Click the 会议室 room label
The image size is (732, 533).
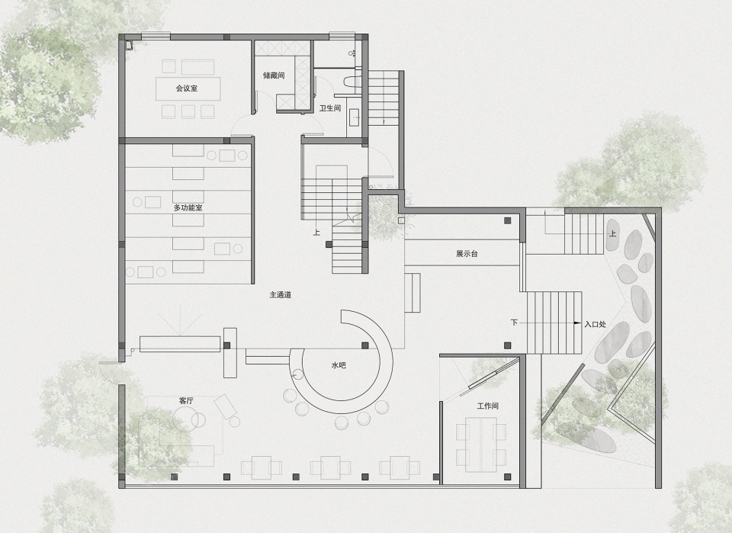(186, 88)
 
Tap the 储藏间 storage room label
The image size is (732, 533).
(274, 75)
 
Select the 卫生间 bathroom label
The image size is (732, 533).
(330, 108)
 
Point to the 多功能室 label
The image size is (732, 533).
(188, 207)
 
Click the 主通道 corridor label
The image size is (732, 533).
(281, 295)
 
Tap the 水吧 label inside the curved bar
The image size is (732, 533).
(339, 365)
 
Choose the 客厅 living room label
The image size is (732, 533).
(186, 401)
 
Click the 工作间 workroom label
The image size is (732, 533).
(488, 406)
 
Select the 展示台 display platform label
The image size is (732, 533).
(467, 254)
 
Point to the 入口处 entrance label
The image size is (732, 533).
(596, 323)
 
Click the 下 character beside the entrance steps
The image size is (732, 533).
(514, 323)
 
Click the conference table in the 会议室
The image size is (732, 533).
(188, 88)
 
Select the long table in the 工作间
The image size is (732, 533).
(481, 443)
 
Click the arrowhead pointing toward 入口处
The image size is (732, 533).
(577, 323)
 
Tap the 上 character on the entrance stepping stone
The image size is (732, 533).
(612, 233)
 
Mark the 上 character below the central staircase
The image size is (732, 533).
(316, 232)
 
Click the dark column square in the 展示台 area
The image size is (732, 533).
(508, 221)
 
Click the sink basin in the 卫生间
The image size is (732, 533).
(354, 117)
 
